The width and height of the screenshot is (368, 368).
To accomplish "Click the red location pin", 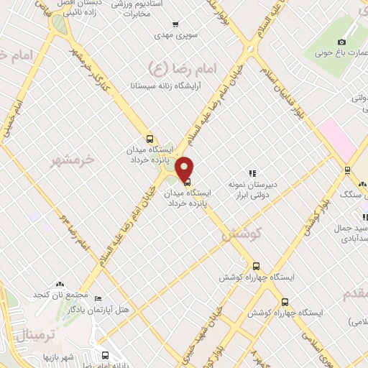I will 185,168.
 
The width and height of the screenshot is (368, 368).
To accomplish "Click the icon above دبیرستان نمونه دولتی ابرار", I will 252,173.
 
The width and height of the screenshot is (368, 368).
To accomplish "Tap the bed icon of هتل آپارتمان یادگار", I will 98,299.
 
